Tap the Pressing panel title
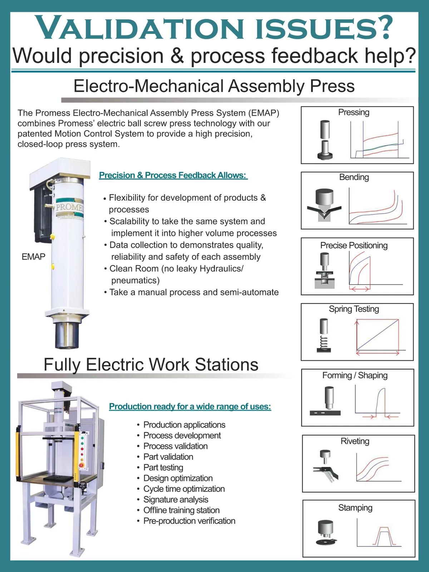point(354,112)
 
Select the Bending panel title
point(354,177)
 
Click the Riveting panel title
point(355,441)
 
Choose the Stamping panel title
point(355,508)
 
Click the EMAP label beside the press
point(33,257)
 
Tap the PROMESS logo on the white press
point(70,208)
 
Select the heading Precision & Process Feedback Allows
point(173,175)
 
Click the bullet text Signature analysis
point(176,499)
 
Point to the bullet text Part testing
point(163,468)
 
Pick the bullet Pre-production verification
point(189,521)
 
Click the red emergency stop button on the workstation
point(82,465)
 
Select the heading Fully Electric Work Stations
point(151,364)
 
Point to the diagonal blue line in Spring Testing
point(378,335)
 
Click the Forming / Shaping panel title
point(355,375)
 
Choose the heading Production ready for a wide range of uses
point(190,406)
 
